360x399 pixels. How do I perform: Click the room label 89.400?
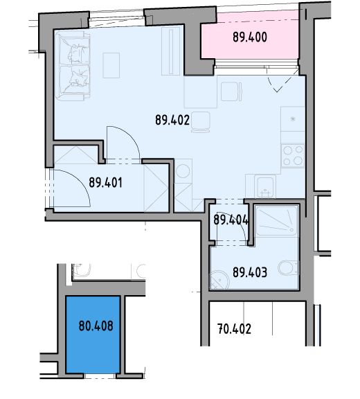250,37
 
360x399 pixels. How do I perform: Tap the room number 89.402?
172,120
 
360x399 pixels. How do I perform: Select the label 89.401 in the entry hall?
105,182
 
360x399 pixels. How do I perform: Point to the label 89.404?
231,220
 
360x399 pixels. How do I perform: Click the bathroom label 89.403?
250,272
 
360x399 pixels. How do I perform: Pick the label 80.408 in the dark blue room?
96,326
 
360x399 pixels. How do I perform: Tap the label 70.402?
235,329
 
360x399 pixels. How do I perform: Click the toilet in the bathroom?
288,267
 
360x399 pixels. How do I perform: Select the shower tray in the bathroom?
276,220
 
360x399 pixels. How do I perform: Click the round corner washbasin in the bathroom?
219,280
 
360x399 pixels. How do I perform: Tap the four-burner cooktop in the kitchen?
293,156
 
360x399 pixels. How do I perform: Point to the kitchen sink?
265,187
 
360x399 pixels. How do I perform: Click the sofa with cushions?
74,66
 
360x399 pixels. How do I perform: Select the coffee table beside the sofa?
111,65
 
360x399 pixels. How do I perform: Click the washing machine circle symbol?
183,170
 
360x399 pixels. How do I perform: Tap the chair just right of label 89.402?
201,122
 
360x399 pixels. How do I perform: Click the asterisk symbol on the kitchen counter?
293,119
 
